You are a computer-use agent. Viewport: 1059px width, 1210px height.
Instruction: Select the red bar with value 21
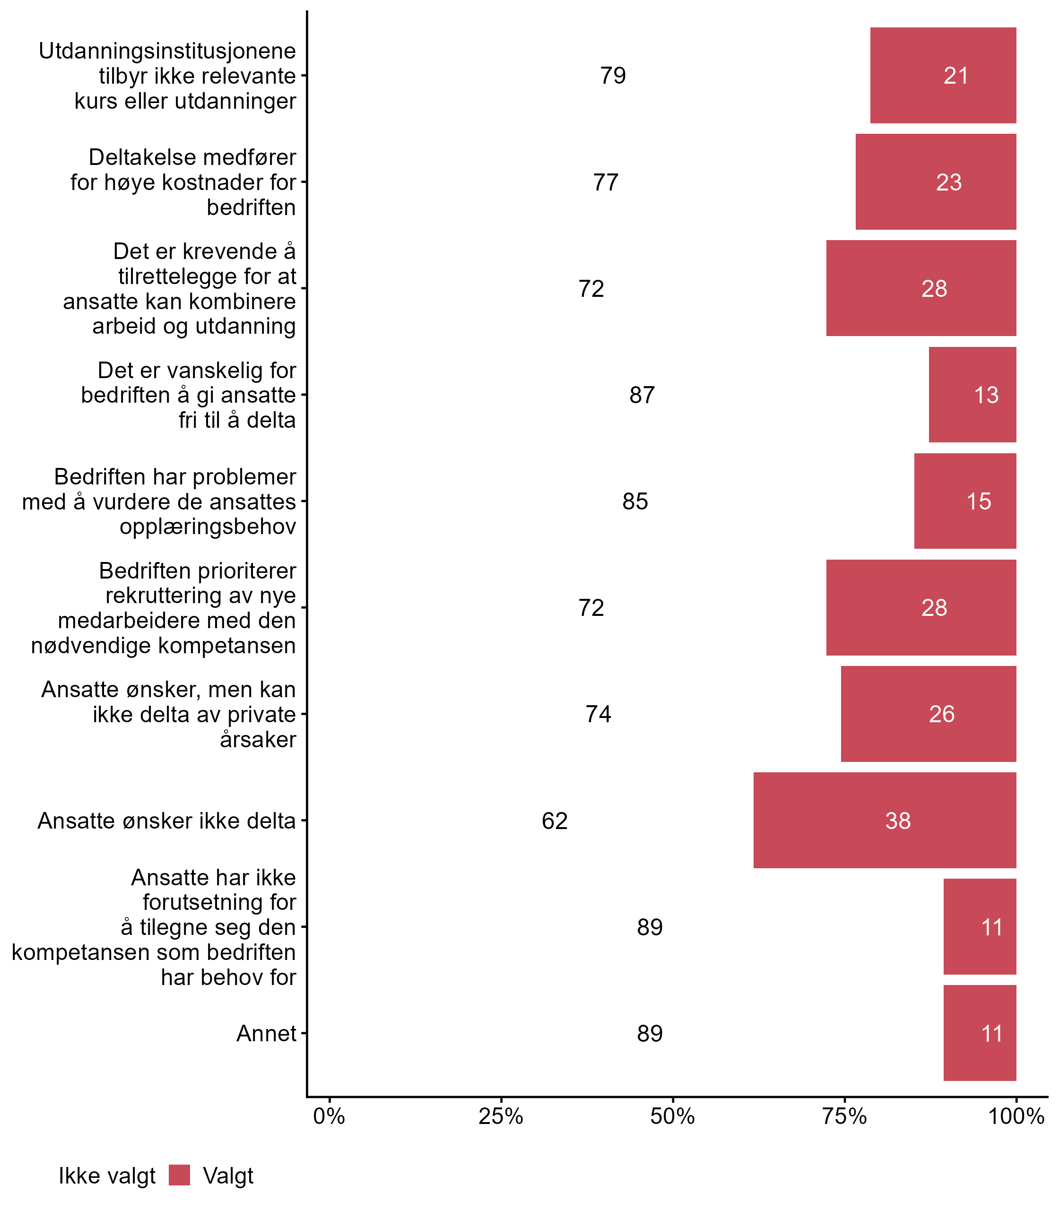[943, 76]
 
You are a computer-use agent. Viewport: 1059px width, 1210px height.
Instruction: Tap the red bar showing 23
[936, 182]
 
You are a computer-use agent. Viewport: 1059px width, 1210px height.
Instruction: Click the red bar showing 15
[964, 501]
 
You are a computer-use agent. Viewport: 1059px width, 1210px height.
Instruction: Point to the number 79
[613, 76]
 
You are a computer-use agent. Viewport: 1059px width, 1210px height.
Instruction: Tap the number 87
[642, 395]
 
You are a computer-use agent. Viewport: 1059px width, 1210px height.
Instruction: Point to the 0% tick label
[329, 1116]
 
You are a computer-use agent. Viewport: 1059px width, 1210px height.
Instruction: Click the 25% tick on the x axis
[501, 1116]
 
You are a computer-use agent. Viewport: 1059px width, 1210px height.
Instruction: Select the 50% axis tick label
[672, 1116]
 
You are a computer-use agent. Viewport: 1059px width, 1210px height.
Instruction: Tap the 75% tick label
[844, 1116]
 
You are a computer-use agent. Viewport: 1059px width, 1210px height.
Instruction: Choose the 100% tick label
[1016, 1116]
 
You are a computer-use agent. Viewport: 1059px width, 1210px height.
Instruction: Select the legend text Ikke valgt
[107, 1176]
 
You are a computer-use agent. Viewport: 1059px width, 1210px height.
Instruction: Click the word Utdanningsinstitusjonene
[167, 51]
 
